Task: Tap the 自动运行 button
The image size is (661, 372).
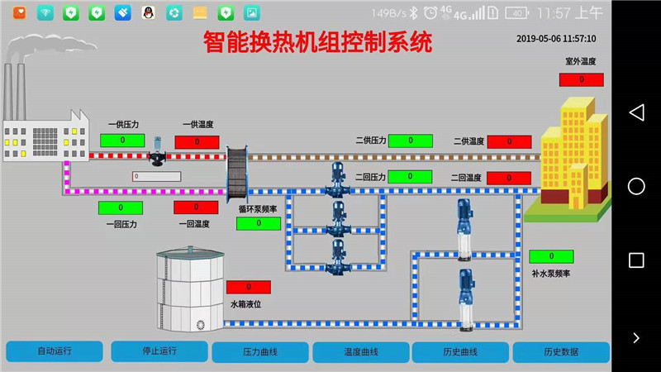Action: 55,351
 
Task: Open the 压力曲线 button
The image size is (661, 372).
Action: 260,352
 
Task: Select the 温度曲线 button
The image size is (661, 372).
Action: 361,352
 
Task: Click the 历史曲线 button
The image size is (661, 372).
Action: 461,352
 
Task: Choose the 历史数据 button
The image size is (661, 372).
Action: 561,352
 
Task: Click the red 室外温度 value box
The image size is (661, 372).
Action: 581,79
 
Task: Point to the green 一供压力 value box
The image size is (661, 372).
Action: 122,141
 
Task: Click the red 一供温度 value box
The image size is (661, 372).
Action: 197,141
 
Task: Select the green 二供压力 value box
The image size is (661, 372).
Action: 411,141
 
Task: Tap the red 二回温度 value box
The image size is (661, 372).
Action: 509,178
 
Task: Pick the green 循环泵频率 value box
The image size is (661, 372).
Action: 259,223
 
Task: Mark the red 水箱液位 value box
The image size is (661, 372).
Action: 248,286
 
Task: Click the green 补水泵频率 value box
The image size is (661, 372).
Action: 551,256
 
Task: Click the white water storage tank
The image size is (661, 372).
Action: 190,290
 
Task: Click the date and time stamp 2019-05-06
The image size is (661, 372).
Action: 556,39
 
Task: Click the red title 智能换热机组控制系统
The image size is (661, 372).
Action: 317,41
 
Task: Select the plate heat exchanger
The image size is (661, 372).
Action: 239,172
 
